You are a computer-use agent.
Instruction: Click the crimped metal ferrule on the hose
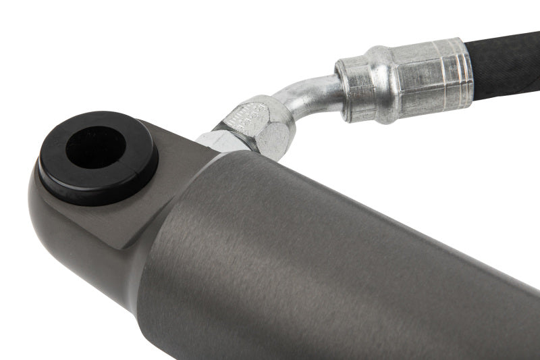point(405,79)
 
